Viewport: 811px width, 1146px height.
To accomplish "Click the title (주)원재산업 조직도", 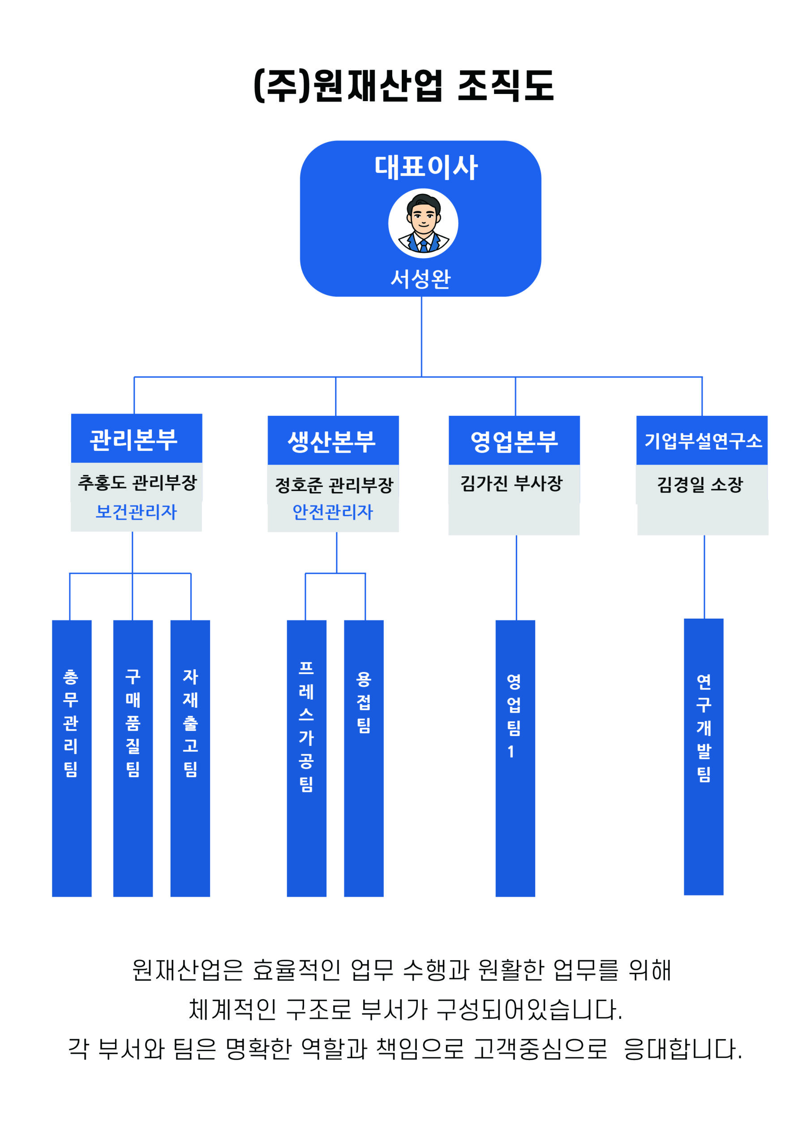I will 404,86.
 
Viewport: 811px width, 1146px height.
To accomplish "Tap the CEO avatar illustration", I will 423,223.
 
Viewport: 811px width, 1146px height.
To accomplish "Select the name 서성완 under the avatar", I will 421,278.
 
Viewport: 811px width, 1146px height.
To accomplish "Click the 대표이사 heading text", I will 426,167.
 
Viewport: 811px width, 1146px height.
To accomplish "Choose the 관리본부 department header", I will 134,439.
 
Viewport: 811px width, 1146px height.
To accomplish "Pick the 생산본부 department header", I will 332,441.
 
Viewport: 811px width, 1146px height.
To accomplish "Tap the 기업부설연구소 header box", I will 702,441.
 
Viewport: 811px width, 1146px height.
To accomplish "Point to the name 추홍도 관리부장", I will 137,482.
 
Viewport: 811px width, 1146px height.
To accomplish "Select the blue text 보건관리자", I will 136,512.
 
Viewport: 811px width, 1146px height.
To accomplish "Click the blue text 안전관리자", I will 333,512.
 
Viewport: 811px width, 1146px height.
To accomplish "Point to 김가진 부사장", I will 511,483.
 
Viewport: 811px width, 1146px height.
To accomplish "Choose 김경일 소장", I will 699,484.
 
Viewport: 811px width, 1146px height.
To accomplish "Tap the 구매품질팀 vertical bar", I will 133,759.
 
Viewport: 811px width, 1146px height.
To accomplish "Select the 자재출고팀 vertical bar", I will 190,759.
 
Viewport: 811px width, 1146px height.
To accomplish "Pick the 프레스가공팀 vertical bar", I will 307,759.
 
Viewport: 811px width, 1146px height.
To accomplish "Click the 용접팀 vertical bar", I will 364,759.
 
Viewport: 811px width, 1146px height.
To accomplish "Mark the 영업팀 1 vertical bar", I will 515,759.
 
